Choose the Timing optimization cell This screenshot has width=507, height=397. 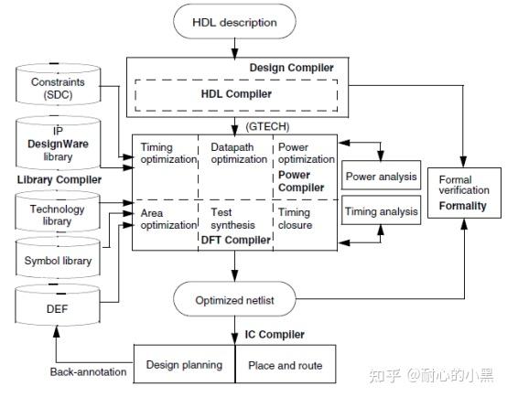pyautogui.click(x=167, y=154)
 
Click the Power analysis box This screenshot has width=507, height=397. pyautogui.click(x=381, y=177)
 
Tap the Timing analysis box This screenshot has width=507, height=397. pyautogui.click(x=381, y=211)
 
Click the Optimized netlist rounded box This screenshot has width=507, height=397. pyautogui.click(x=235, y=300)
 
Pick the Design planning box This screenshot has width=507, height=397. pyautogui.click(x=184, y=365)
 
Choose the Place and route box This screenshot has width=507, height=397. pyautogui.click(x=286, y=365)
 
